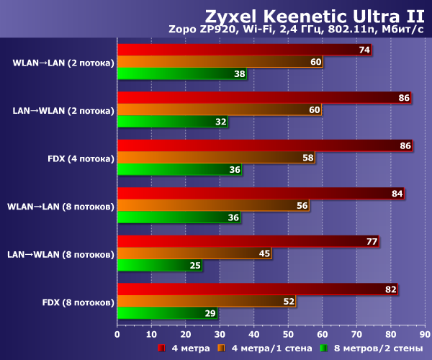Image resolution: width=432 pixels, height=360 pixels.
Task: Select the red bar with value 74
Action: click(245, 50)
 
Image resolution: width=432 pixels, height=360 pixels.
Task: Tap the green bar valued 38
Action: click(182, 73)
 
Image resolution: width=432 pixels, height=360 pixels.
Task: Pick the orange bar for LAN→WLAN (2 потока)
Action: click(220, 109)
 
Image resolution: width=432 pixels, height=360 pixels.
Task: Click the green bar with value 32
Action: click(173, 122)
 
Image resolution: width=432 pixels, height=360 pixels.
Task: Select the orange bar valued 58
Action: click(216, 157)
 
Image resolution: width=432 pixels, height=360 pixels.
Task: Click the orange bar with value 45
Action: click(194, 253)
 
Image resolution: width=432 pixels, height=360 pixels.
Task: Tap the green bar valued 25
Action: click(160, 265)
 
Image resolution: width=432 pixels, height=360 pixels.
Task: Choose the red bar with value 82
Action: click(257, 289)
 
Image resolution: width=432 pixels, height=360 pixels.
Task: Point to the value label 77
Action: click(372, 241)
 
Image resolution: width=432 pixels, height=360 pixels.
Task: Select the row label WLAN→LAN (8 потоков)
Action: click(60, 206)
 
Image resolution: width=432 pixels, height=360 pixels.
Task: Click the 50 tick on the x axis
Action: click(288, 333)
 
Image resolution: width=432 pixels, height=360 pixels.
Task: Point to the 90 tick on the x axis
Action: click(424, 333)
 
